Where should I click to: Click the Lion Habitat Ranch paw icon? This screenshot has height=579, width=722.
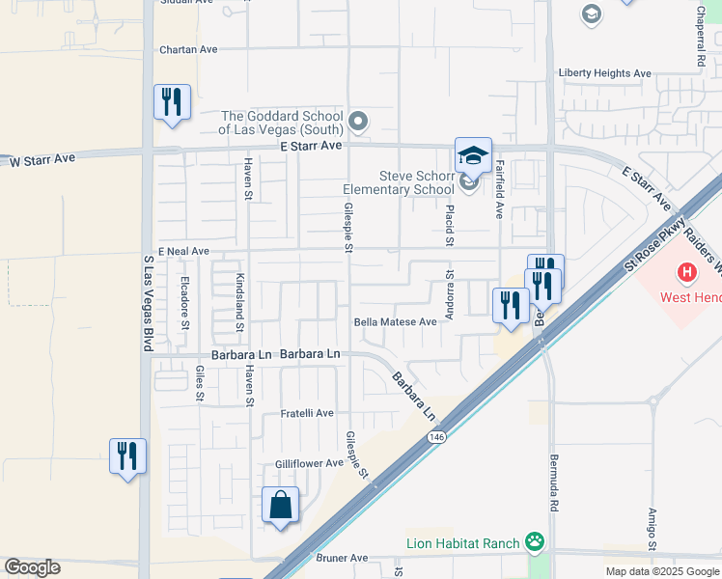pos(534,542)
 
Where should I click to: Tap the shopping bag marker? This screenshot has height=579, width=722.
pos(280,506)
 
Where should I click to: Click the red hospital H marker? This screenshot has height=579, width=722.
pos(686,272)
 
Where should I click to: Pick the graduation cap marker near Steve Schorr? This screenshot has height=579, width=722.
pos(473,155)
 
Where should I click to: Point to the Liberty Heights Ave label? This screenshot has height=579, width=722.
pos(604,73)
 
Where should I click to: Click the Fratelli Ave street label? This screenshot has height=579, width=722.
pos(307,413)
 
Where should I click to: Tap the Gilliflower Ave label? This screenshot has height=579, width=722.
pos(309,463)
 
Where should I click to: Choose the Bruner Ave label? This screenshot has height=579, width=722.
pos(343,558)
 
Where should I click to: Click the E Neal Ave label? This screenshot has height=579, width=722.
pos(183,251)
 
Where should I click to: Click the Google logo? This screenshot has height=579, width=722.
pos(32,567)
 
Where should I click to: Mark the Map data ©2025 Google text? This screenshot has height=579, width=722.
pos(660,571)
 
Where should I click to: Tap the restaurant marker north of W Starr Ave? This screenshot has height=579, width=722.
pos(172,102)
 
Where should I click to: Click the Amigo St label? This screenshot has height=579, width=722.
pos(653,531)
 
